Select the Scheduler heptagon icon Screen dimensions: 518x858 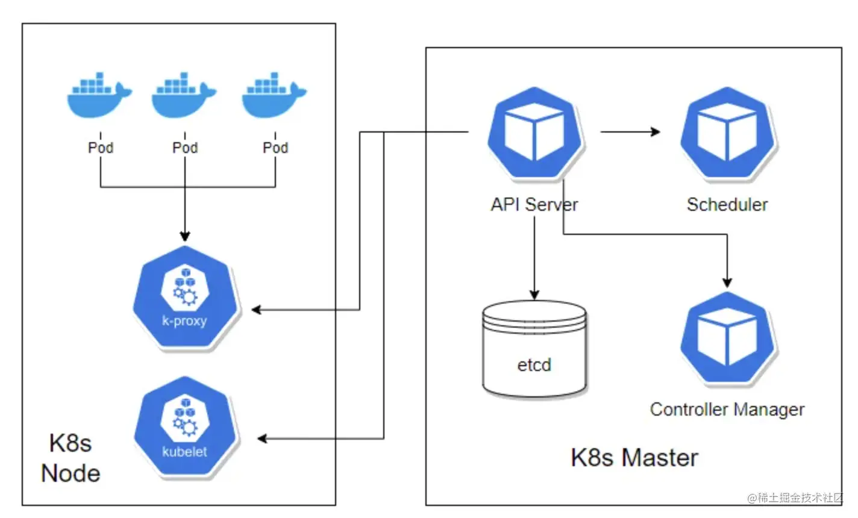click(x=728, y=133)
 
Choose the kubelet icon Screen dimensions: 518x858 click(x=185, y=428)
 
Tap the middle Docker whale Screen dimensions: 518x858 click(x=183, y=96)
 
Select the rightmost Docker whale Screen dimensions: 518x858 click(x=274, y=96)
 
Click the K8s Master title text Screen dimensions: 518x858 click(x=634, y=458)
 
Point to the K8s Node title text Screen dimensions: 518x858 click(x=70, y=458)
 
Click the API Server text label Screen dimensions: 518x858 click(x=534, y=205)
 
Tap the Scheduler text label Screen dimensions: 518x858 click(x=727, y=205)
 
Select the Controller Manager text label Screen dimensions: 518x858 click(x=727, y=410)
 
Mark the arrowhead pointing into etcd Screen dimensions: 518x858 click(x=534, y=294)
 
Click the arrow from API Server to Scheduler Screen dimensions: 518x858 click(x=630, y=132)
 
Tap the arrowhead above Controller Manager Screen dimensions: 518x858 click(x=727, y=282)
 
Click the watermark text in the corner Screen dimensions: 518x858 click(x=795, y=498)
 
